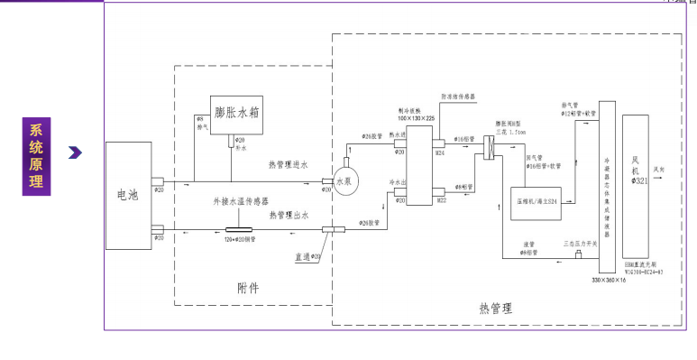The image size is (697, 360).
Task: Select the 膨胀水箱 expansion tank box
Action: [237, 114]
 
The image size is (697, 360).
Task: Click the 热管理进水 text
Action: [289, 165]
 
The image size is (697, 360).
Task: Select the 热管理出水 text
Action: [289, 215]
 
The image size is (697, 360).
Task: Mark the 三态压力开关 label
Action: [578, 244]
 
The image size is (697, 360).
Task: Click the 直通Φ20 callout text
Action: [307, 258]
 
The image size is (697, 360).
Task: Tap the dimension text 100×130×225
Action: [417, 118]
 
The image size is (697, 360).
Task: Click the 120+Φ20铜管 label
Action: [242, 239]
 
